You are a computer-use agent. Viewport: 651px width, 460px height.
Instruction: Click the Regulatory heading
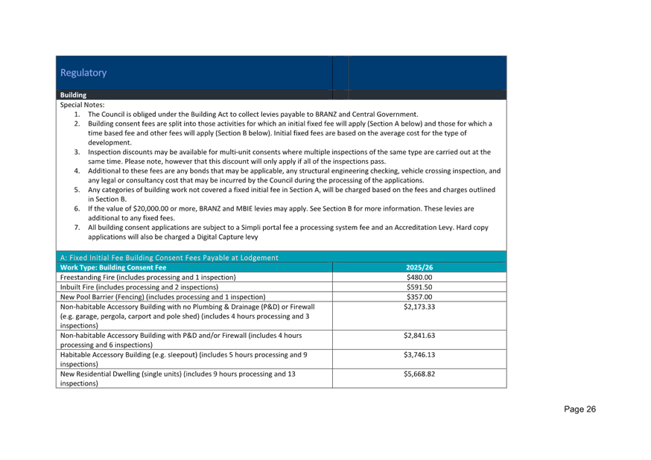pyautogui.click(x=83, y=73)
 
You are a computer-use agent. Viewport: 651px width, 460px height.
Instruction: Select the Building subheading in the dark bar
pyautogui.click(x=73, y=95)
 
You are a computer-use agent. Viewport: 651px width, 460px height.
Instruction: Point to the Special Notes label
pyautogui.click(x=82, y=105)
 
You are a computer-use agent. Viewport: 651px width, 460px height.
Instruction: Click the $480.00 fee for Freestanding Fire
pyautogui.click(x=419, y=277)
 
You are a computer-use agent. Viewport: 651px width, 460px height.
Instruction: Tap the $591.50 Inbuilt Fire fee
pyautogui.click(x=419, y=287)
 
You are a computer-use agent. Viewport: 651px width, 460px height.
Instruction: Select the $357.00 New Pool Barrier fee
pyautogui.click(x=419, y=297)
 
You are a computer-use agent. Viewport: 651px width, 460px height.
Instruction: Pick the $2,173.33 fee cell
pyautogui.click(x=419, y=307)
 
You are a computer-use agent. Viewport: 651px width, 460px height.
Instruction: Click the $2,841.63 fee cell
pyautogui.click(x=419, y=335)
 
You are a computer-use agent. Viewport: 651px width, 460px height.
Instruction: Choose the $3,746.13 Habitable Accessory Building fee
pyautogui.click(x=419, y=354)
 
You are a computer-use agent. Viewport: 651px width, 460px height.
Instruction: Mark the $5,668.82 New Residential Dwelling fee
pyautogui.click(x=419, y=374)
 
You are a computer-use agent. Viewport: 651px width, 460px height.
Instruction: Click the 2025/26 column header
pyautogui.click(x=419, y=267)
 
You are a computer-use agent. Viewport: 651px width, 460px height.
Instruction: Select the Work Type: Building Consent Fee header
pyautogui.click(x=113, y=267)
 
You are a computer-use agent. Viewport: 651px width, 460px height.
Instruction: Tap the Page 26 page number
pyautogui.click(x=579, y=409)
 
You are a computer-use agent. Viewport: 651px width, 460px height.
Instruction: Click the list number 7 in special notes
pyautogui.click(x=77, y=227)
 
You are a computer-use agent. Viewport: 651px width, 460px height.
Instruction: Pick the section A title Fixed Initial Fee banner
pyautogui.click(x=169, y=258)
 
